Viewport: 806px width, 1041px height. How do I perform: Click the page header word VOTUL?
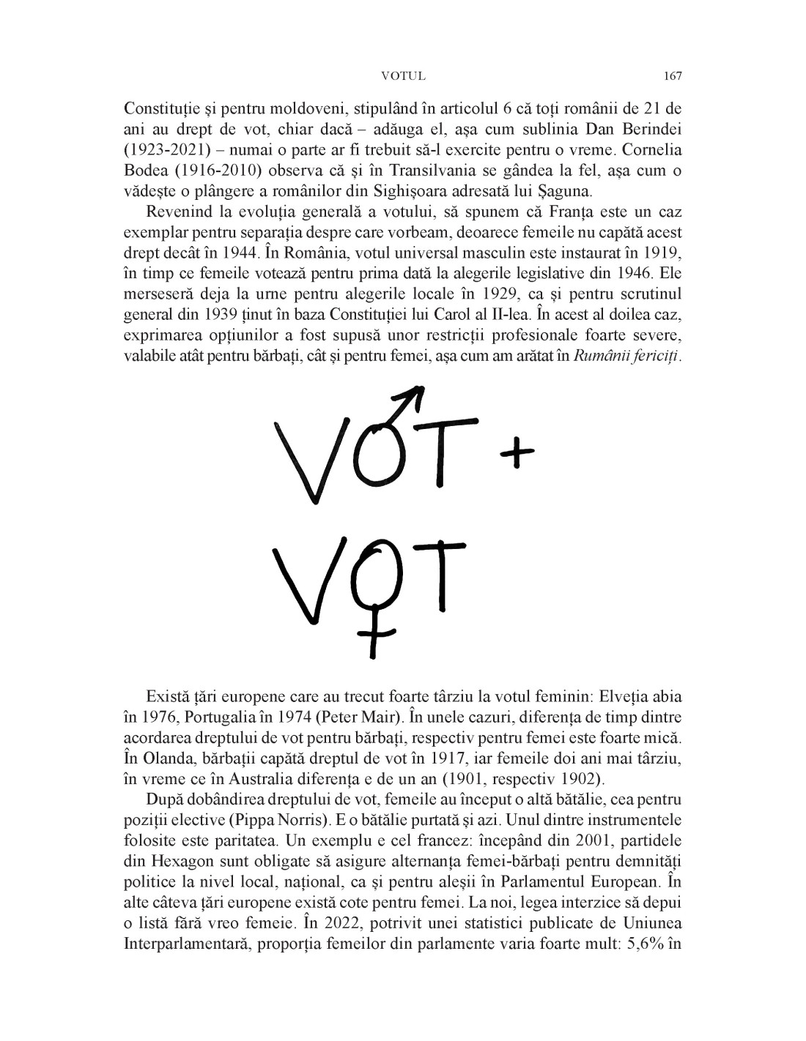click(x=403, y=76)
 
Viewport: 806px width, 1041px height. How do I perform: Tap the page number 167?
click(x=673, y=76)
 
